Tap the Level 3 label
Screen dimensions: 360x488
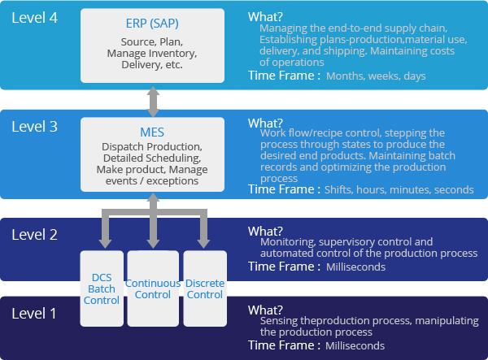point(36,127)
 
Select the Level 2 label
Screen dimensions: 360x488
point(36,235)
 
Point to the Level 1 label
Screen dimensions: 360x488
point(36,313)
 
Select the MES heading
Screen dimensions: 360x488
point(152,131)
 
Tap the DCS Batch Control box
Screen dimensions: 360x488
point(102,289)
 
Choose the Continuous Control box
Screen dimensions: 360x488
point(152,289)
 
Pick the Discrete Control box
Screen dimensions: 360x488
point(205,289)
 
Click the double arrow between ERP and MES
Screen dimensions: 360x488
point(152,100)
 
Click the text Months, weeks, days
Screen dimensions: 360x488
point(376,76)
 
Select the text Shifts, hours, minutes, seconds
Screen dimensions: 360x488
point(399,189)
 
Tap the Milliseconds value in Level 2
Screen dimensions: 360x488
point(356,267)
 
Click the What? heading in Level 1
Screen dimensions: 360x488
point(265,310)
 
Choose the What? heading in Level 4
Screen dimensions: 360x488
point(265,17)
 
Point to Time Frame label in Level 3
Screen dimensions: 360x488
point(283,189)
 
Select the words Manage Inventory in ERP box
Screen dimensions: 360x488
point(152,54)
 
